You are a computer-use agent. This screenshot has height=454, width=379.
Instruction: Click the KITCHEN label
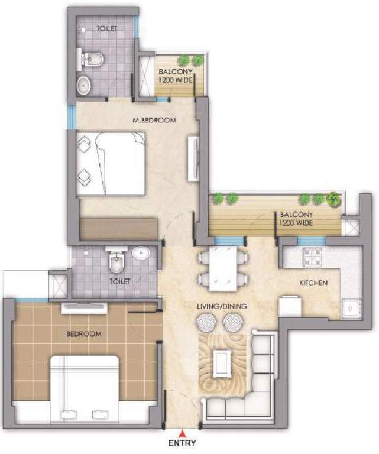[313, 283]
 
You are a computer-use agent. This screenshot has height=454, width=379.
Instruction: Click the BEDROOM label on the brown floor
[83, 334]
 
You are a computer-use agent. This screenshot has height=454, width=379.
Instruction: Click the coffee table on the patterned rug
[223, 362]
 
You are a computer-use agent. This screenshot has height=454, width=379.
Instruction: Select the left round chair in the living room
[208, 323]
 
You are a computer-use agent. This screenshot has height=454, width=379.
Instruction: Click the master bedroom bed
[111, 163]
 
